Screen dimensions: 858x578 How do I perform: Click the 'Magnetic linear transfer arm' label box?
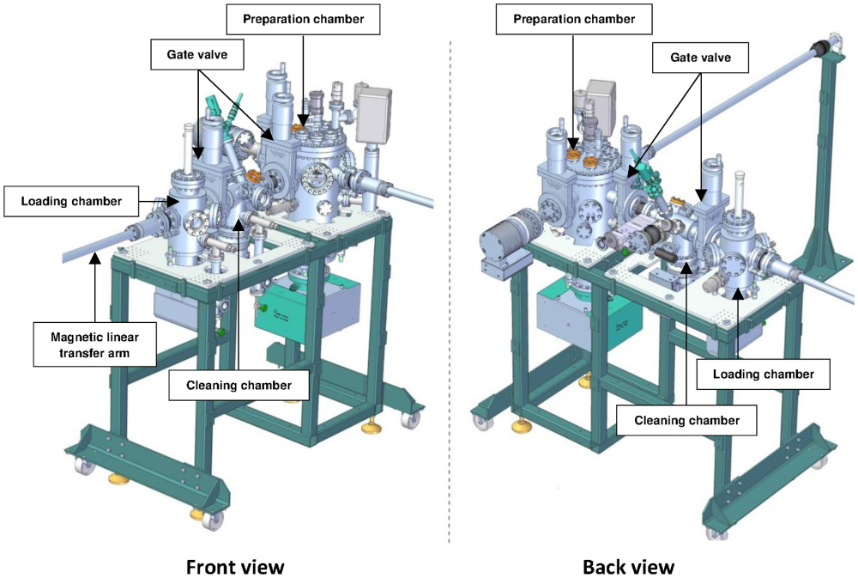tap(94, 345)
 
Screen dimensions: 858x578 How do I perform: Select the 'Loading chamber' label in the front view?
tap(71, 201)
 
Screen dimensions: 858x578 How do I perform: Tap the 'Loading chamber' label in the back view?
tap(764, 374)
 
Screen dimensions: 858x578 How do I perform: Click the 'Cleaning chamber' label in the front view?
tap(239, 385)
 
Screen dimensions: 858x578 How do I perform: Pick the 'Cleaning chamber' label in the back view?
tap(686, 420)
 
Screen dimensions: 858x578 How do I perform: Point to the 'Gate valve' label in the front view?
tap(197, 54)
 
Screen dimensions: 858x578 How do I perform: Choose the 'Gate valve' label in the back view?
tap(700, 58)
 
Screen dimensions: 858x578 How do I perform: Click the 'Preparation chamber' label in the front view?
tap(303, 19)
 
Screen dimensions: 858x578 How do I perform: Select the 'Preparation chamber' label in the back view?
tap(574, 19)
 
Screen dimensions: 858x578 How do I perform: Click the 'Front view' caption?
tap(235, 567)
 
